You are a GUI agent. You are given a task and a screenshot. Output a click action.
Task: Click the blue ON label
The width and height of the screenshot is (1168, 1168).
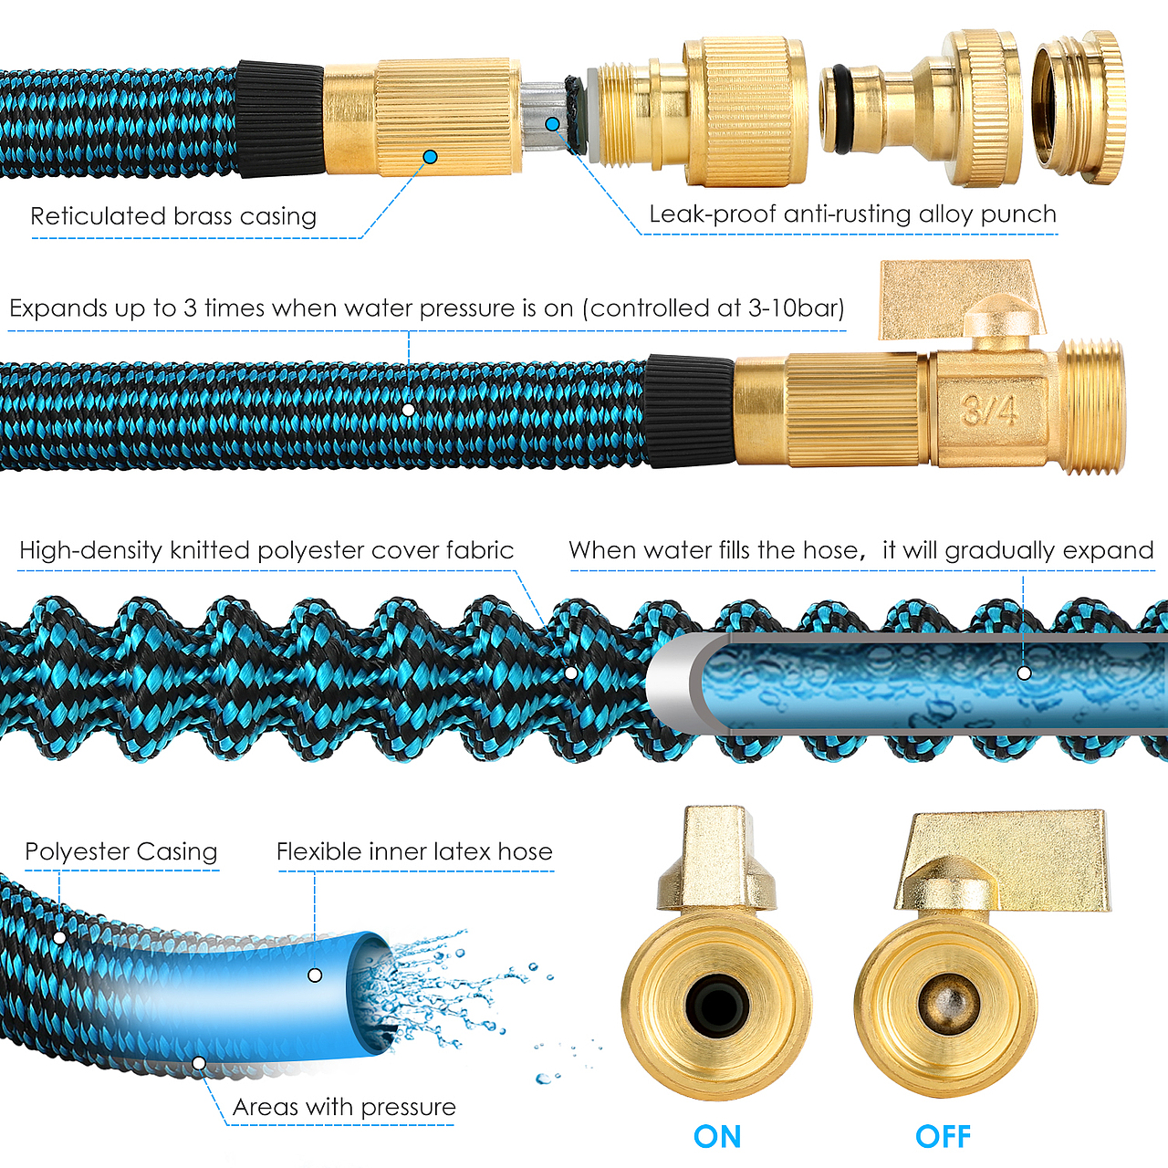[x=717, y=1136]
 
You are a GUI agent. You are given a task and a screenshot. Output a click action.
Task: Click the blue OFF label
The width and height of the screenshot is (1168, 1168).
[x=943, y=1136]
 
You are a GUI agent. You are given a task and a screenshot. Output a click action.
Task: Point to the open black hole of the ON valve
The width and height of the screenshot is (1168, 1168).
[x=717, y=1006]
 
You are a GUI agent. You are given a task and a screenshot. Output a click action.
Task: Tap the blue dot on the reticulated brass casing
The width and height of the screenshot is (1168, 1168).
[x=430, y=157]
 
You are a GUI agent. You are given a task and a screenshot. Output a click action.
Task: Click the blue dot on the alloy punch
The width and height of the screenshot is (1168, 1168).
[x=553, y=124]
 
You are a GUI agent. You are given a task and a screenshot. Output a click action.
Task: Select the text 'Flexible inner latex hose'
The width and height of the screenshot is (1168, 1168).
[x=414, y=851]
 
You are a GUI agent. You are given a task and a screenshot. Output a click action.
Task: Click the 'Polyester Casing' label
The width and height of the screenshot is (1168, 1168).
[x=121, y=851]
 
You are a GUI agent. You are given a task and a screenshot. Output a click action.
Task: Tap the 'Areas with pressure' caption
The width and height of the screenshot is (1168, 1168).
[x=344, y=1107]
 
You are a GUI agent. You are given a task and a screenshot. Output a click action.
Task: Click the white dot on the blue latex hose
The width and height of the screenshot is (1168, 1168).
[x=315, y=975]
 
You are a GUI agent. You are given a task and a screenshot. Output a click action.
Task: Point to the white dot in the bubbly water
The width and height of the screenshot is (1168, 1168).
[x=1024, y=673]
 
